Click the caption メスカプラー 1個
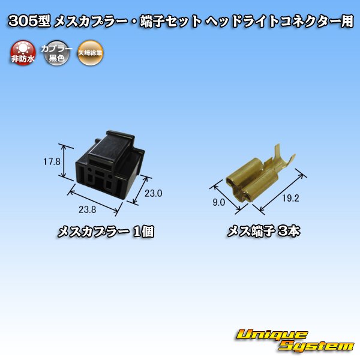click(x=105, y=232)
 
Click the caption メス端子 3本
click(x=262, y=232)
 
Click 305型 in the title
click(x=29, y=22)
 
